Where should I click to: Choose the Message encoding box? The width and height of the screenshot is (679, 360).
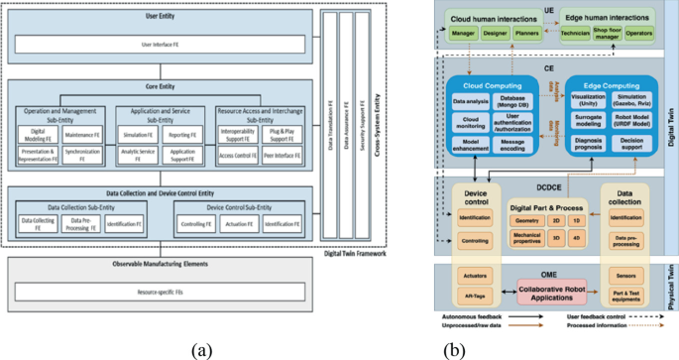(513, 145)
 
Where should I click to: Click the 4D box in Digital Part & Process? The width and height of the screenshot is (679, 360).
(578, 237)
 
